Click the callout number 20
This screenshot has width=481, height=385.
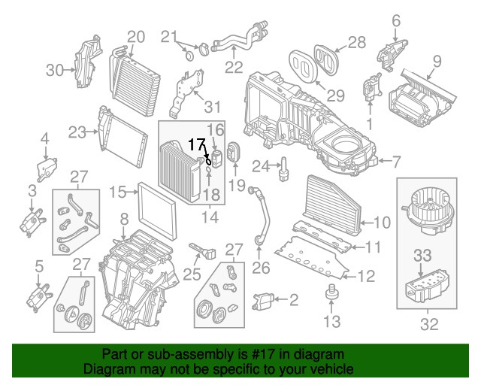[135, 36]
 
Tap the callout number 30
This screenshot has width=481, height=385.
[55, 71]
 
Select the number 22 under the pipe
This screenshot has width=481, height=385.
[234, 68]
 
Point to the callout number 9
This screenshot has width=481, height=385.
[437, 61]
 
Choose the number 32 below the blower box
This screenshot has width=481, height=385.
[429, 325]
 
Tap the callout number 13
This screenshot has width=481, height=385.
[331, 322]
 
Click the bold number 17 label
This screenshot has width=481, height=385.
[196, 144]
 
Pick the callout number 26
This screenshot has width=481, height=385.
[260, 267]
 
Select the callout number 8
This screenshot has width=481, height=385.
[124, 220]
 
